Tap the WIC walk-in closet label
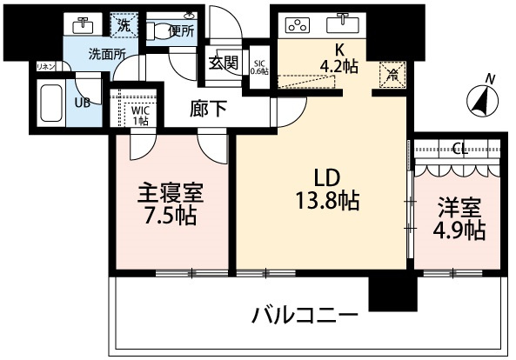139,110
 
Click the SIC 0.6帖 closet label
259,66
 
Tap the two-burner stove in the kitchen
299,23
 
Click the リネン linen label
45,66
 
